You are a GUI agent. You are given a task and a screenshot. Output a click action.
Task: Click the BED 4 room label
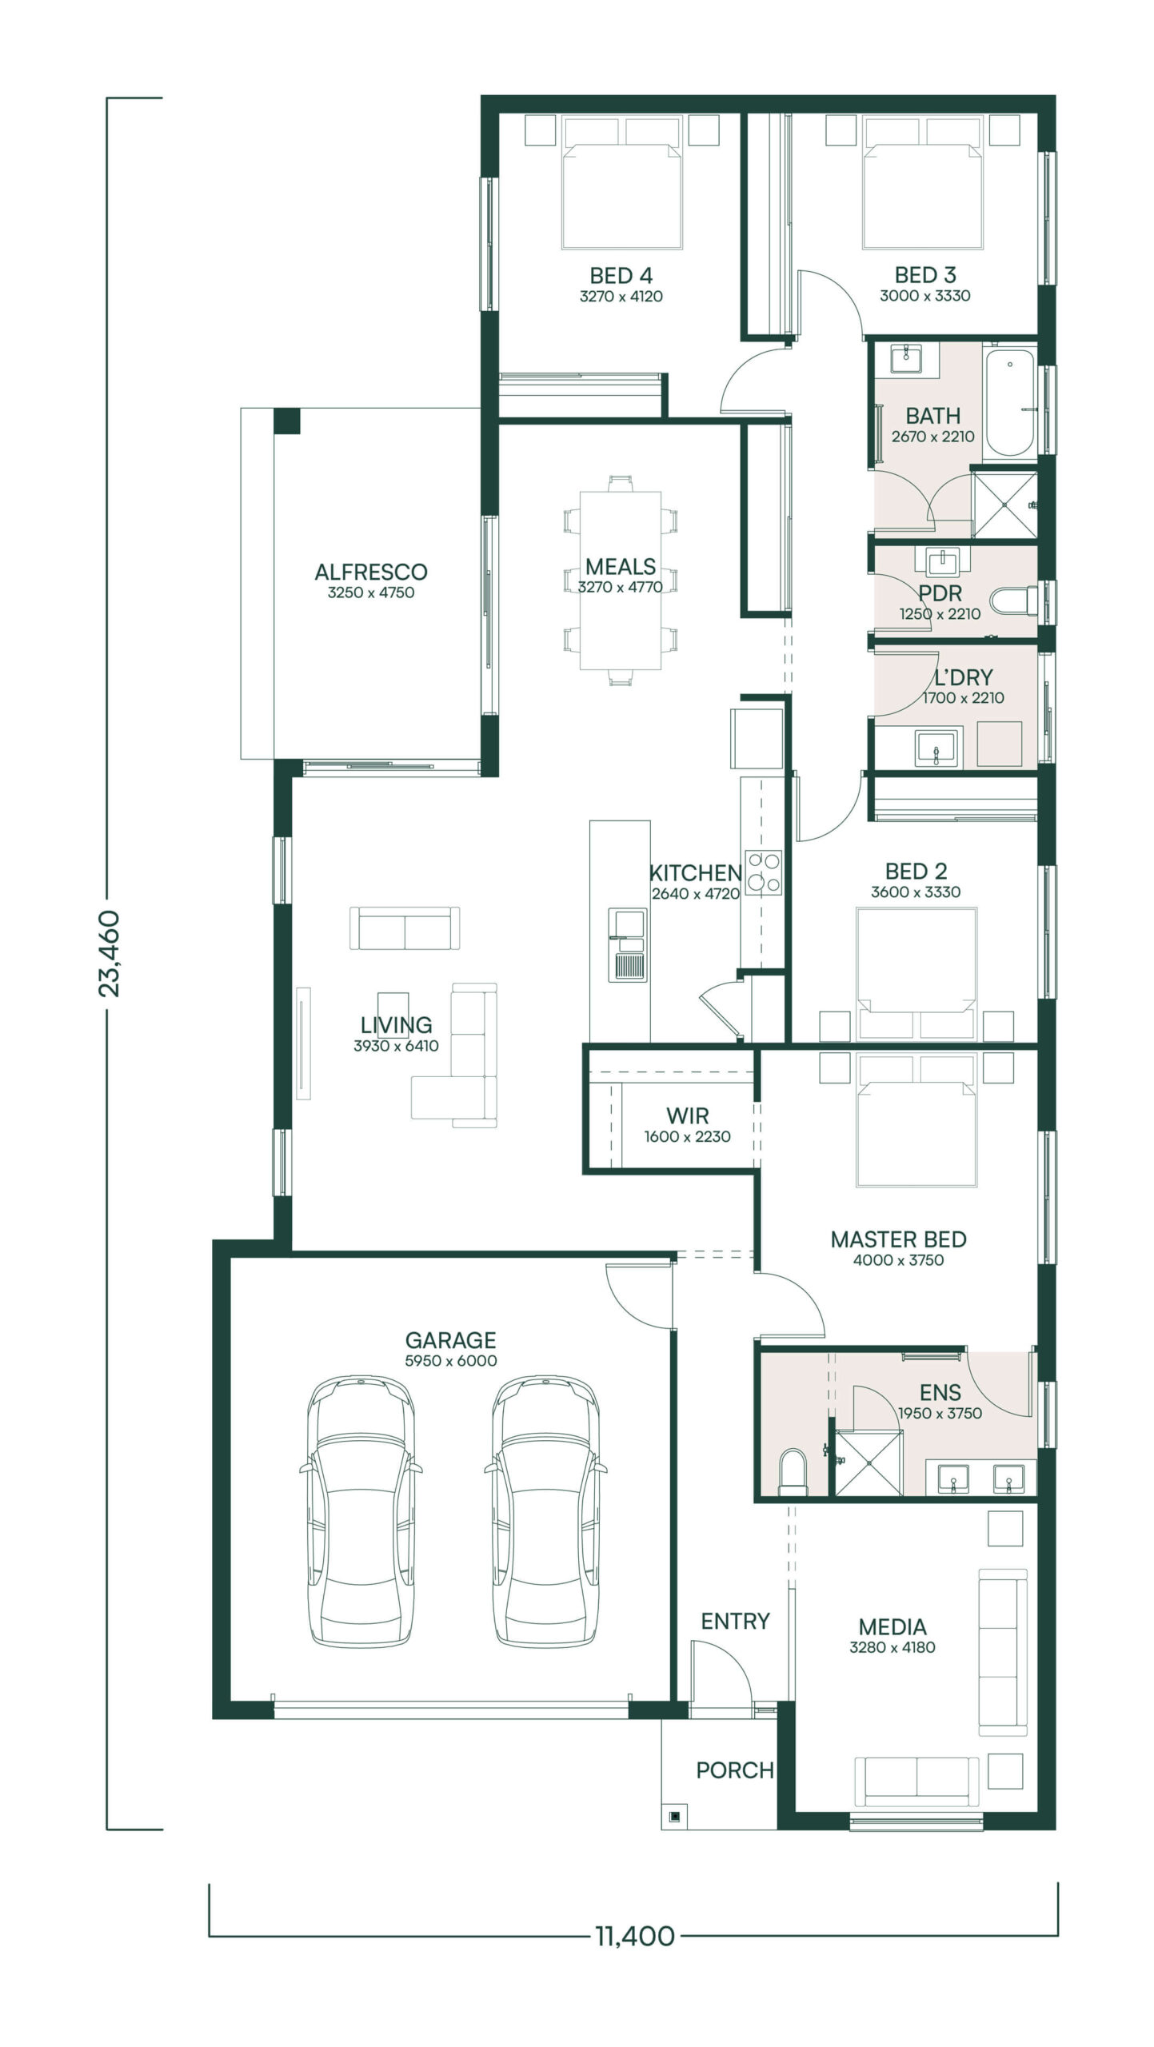[x=621, y=276]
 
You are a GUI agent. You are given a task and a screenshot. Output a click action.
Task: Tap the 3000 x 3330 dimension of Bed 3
[x=924, y=296]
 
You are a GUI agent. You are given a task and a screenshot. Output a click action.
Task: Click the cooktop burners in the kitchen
[x=763, y=872]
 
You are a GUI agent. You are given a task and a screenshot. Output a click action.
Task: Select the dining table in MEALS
[x=621, y=581]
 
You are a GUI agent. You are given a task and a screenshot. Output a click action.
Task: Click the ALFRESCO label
[x=371, y=573]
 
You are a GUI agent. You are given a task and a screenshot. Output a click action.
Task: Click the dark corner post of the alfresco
[x=287, y=421]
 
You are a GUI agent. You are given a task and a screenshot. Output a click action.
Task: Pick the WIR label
[x=688, y=1115]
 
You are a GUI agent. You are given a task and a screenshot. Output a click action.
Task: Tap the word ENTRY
[x=735, y=1621]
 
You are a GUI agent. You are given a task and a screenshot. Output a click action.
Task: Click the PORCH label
[x=735, y=1770]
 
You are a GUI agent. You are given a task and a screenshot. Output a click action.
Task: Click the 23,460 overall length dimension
[x=109, y=953]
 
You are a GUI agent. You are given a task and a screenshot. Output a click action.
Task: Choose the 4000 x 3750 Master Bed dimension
[x=898, y=1260]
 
